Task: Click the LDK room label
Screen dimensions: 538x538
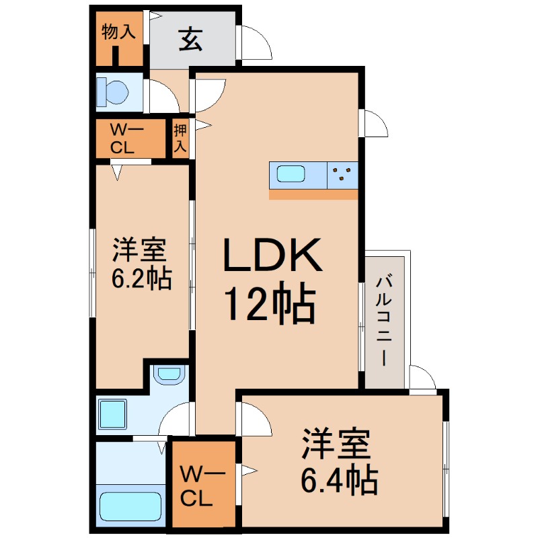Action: click(x=272, y=256)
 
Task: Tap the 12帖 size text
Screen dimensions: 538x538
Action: click(x=269, y=307)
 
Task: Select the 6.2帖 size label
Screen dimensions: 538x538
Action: click(x=141, y=278)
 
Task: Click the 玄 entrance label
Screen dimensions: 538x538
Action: click(x=190, y=41)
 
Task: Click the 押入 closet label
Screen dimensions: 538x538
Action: click(x=180, y=138)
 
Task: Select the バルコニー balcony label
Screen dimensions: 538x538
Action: click(x=384, y=319)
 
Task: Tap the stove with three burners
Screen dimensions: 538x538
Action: click(x=342, y=176)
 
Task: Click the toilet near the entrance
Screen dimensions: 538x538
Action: click(x=114, y=91)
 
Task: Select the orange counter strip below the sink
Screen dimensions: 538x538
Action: click(x=313, y=194)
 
